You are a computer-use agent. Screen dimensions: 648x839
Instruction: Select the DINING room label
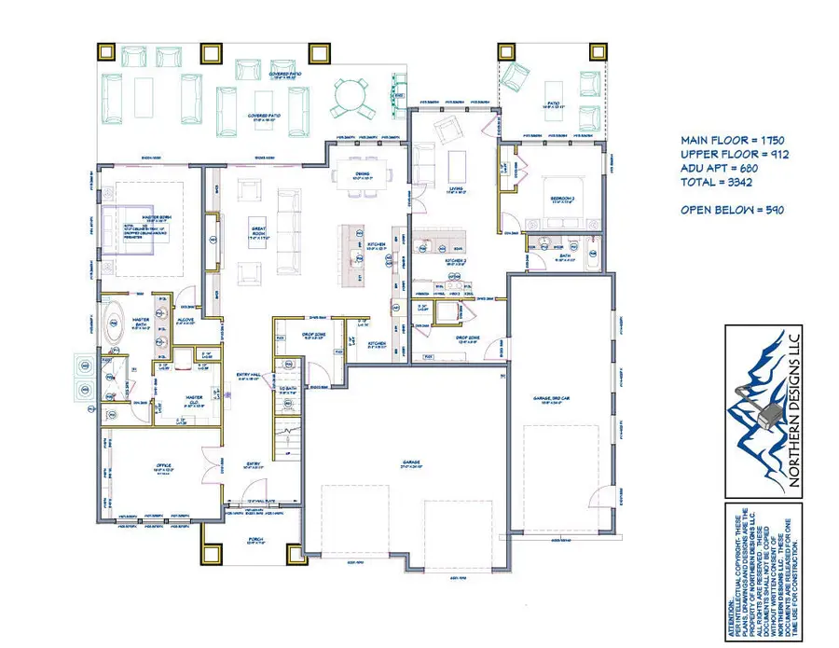pyautogui.click(x=364, y=174)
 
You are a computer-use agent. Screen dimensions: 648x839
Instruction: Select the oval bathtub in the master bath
pyautogui.click(x=117, y=324)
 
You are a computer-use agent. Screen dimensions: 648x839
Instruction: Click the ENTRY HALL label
pyautogui.click(x=248, y=376)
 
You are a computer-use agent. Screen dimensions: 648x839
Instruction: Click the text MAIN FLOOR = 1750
pyautogui.click(x=734, y=139)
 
